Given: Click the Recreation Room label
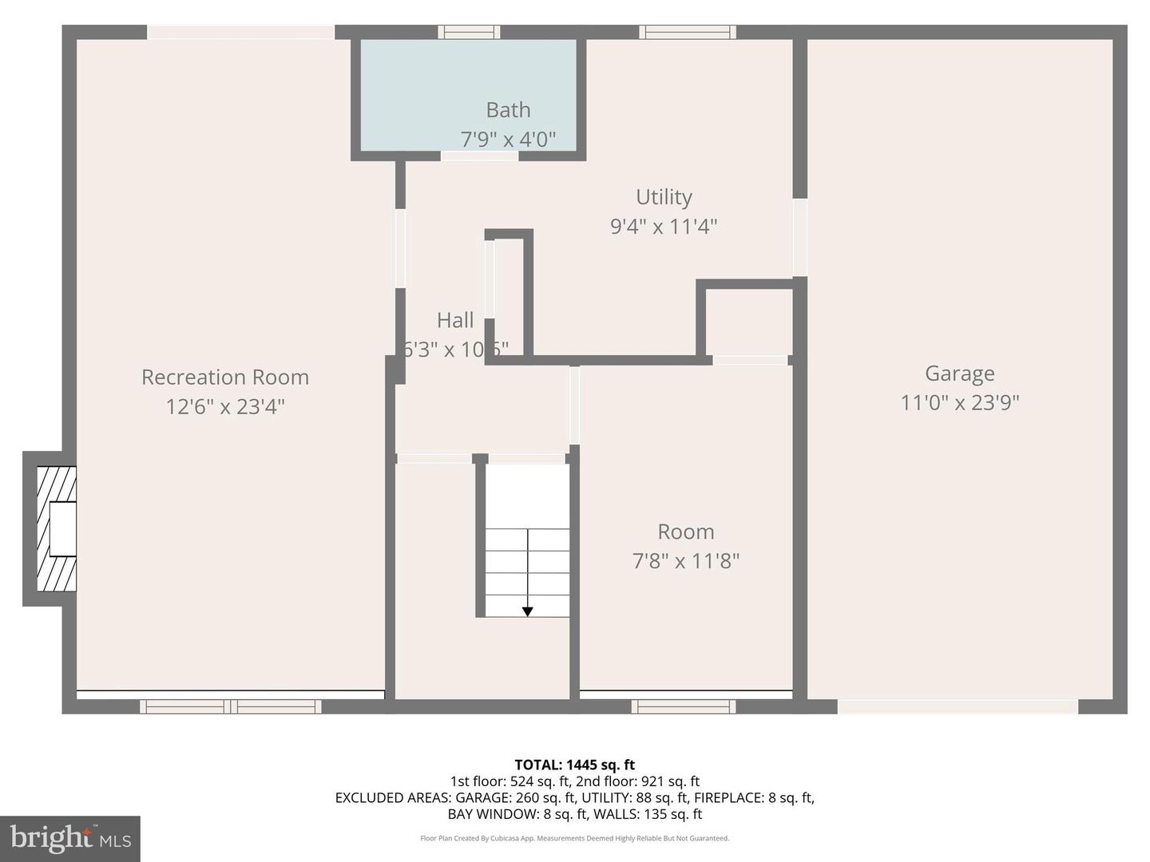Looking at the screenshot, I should pyautogui.click(x=224, y=377).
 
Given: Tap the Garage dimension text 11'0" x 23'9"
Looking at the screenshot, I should pyautogui.click(x=959, y=402).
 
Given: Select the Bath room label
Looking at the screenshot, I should pyautogui.click(x=508, y=110).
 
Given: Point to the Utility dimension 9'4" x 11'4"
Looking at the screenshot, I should pyautogui.click(x=663, y=227).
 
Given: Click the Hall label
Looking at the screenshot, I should pyautogui.click(x=455, y=320).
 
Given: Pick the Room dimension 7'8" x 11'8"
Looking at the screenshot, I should pyautogui.click(x=685, y=561).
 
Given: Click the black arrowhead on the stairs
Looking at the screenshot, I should pyautogui.click(x=528, y=611).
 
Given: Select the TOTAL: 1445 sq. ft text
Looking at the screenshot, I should pyautogui.click(x=574, y=765).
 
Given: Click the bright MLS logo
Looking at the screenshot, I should pyautogui.click(x=70, y=838).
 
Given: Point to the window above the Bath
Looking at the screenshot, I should pyautogui.click(x=469, y=32).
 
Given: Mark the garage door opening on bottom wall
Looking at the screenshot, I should pyautogui.click(x=958, y=706).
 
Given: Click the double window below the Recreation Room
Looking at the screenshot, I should pyautogui.click(x=231, y=706).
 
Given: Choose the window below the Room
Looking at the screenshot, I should pyautogui.click(x=684, y=706).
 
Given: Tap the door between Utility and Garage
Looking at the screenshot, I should pyautogui.click(x=799, y=237).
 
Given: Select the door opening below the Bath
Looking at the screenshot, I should pyautogui.click(x=479, y=156).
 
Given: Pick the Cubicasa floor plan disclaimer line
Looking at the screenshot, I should pyautogui.click(x=574, y=838).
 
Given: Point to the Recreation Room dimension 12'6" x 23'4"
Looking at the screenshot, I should pyautogui.click(x=224, y=407).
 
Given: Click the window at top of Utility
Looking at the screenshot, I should pyautogui.click(x=687, y=32).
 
